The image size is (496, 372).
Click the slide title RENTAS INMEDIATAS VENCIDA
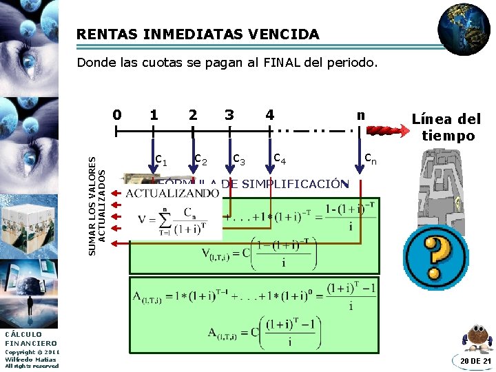(x=198, y=34)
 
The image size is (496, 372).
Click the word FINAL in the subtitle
(x=282, y=63)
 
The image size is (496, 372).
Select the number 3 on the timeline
(x=229, y=114)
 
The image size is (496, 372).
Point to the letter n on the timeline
(x=360, y=114)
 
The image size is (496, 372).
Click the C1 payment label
(x=162, y=160)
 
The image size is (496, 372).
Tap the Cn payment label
(x=371, y=160)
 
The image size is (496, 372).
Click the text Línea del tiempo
(x=446, y=127)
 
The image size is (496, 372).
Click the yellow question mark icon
(x=435, y=253)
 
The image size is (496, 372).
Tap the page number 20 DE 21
(x=475, y=361)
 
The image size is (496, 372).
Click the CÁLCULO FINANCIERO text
(x=31, y=338)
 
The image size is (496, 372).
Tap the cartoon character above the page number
(x=477, y=337)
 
